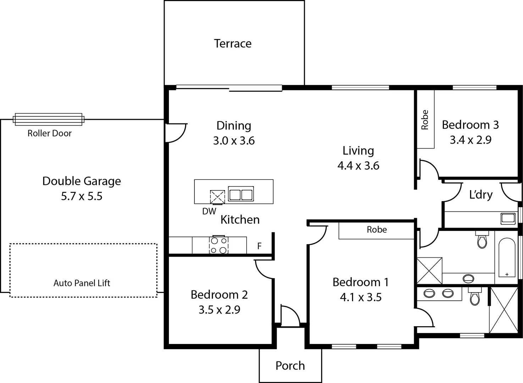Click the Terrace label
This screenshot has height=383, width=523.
pos(233,44)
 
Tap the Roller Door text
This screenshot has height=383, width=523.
pos(50,133)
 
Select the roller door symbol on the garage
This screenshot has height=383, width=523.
pos(48,119)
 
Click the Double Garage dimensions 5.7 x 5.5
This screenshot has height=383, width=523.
pos(82,196)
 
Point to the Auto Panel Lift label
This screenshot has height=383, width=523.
pos(82,283)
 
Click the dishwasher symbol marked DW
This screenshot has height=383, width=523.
pos(217,197)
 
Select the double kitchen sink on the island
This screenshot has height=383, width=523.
pos(241,194)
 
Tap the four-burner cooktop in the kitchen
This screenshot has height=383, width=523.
pos(219,245)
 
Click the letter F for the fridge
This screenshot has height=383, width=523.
pos(259,246)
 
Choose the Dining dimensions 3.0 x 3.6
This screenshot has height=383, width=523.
pos(234,141)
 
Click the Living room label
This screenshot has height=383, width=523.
pos(358,151)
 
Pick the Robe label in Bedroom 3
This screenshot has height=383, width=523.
pos(425,120)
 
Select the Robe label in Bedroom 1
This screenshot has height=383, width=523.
pos(376,230)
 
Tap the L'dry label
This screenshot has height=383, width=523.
pos(481,195)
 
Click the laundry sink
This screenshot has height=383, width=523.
pos(508,218)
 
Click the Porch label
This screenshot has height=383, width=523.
pos(290,366)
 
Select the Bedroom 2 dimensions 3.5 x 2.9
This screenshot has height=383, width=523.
pos(219,310)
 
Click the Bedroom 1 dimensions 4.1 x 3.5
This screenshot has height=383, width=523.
pos(360,297)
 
